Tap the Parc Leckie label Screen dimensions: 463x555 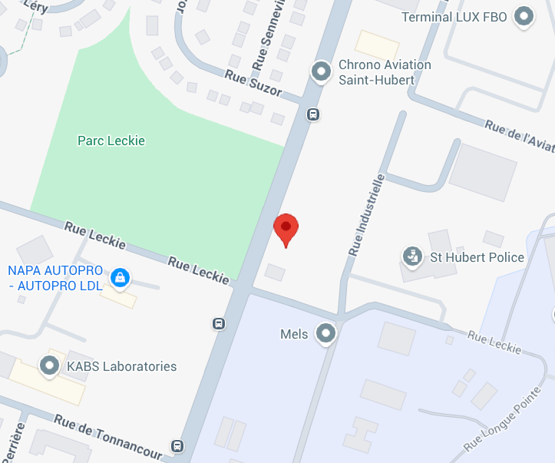tap(111, 141)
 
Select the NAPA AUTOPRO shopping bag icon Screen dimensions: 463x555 tap(119, 278)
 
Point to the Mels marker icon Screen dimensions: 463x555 tap(326, 334)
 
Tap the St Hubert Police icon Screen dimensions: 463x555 tap(413, 256)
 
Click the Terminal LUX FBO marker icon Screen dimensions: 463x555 tap(524, 16)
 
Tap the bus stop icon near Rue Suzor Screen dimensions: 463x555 tap(313, 114)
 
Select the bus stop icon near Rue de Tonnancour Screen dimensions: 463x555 tap(178, 446)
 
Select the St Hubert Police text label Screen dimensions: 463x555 tap(477, 257)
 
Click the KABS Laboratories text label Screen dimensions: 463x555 tap(121, 366)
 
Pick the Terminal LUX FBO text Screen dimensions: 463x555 tap(454, 16)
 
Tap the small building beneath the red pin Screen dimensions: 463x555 tap(275, 272)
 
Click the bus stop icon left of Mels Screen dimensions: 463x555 tap(220, 323)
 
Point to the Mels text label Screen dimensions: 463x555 tap(294, 334)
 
